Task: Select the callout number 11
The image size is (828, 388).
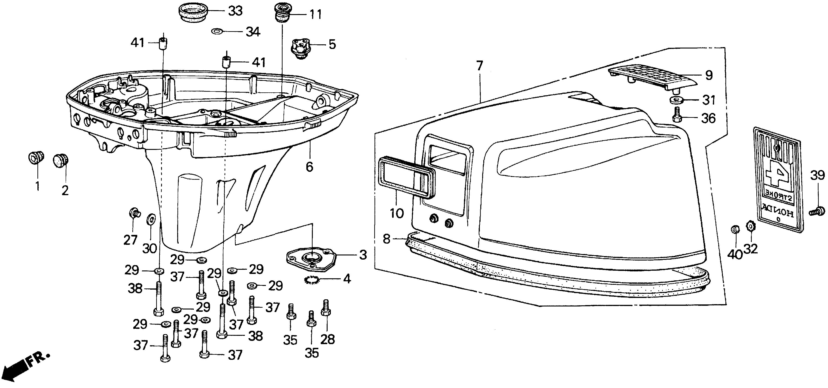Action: pos(315,15)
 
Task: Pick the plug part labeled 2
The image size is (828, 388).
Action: pos(61,160)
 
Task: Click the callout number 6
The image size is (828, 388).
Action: pos(309,167)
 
